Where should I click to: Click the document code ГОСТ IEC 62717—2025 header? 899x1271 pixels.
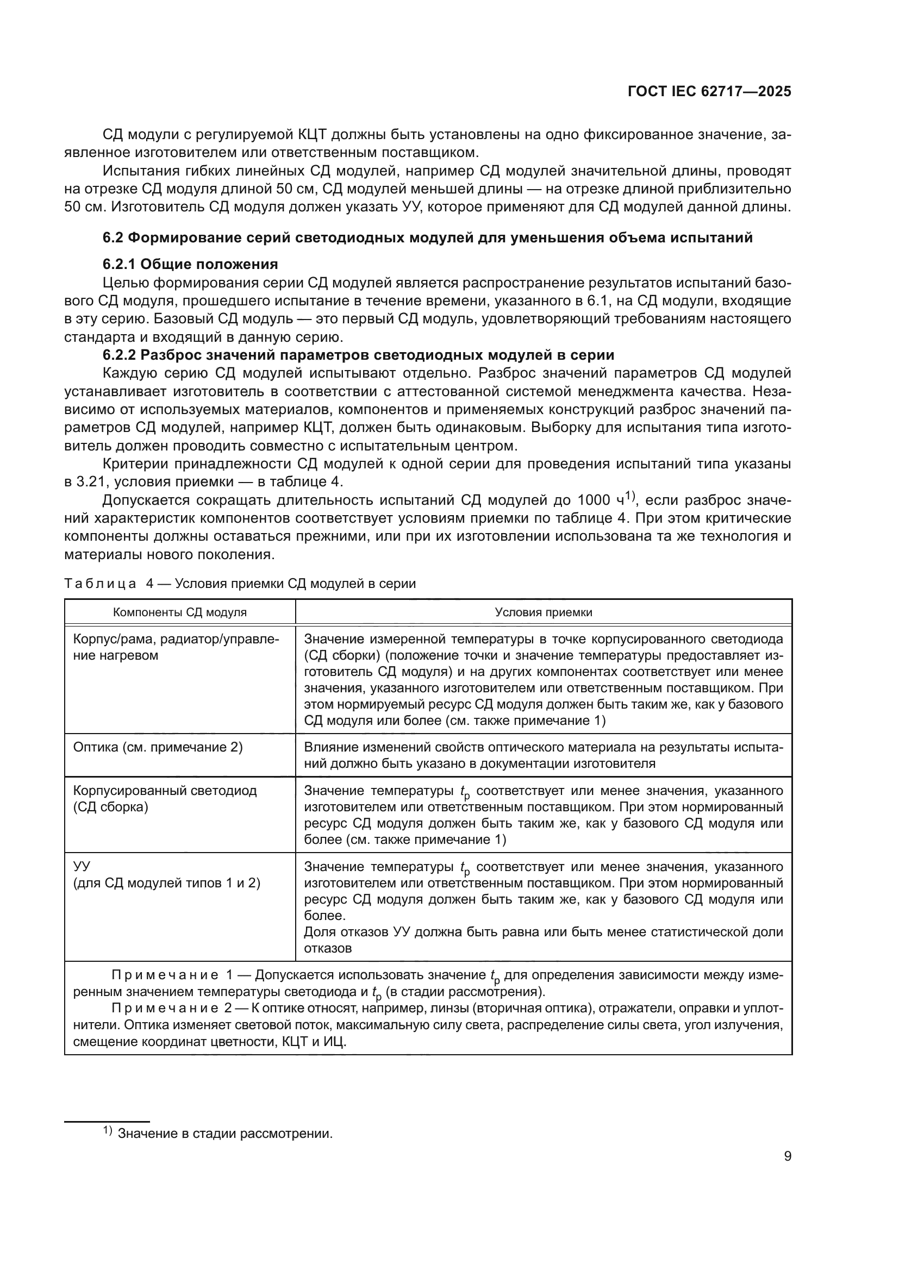coord(709,92)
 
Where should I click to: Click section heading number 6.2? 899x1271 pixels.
coord(114,237)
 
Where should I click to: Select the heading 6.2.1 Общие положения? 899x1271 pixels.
coord(190,264)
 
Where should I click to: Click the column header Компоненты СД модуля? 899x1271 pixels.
coord(180,612)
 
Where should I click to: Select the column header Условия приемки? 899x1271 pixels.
coord(543,612)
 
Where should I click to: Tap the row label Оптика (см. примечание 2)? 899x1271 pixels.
coord(158,747)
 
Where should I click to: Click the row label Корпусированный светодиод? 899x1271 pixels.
coord(165,791)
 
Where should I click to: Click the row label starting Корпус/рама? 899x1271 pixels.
coord(176,640)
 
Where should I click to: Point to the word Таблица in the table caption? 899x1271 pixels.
coord(100,584)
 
